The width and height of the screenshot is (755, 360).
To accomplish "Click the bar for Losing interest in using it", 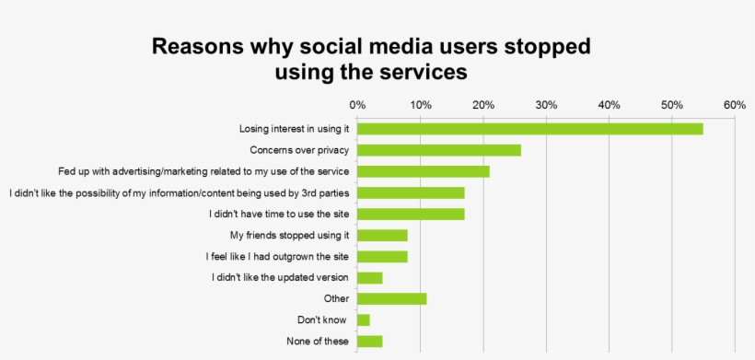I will [x=529, y=129].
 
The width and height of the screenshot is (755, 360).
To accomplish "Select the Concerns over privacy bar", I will [x=439, y=150].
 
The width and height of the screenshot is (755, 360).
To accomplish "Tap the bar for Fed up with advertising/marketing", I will [x=424, y=171].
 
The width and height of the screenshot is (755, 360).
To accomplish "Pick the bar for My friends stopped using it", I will [x=382, y=235].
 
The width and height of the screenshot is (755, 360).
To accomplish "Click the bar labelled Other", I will [x=391, y=298].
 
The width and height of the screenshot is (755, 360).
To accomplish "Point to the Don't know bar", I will [x=364, y=319].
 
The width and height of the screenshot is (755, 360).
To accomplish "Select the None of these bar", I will [x=369, y=342].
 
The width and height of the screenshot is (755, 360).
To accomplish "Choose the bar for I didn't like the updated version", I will [x=369, y=277].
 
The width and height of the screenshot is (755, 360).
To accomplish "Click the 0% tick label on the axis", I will [x=357, y=105].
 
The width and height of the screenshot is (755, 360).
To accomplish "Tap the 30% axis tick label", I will [x=546, y=105].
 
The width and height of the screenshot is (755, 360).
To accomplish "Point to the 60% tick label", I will [x=734, y=105].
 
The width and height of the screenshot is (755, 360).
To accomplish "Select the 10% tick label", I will [x=421, y=105].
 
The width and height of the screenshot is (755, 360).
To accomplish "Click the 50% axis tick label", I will [x=671, y=105].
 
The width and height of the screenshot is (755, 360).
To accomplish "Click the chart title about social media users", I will [x=371, y=58].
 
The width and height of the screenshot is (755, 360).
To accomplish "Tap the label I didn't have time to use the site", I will [x=280, y=214].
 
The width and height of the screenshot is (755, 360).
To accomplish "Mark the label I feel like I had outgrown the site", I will [x=277, y=256].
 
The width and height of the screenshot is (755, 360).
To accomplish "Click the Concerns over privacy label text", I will [x=299, y=150].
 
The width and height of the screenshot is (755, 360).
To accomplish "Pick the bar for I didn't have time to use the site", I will [x=411, y=214].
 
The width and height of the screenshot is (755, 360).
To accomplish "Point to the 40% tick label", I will [x=609, y=105].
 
